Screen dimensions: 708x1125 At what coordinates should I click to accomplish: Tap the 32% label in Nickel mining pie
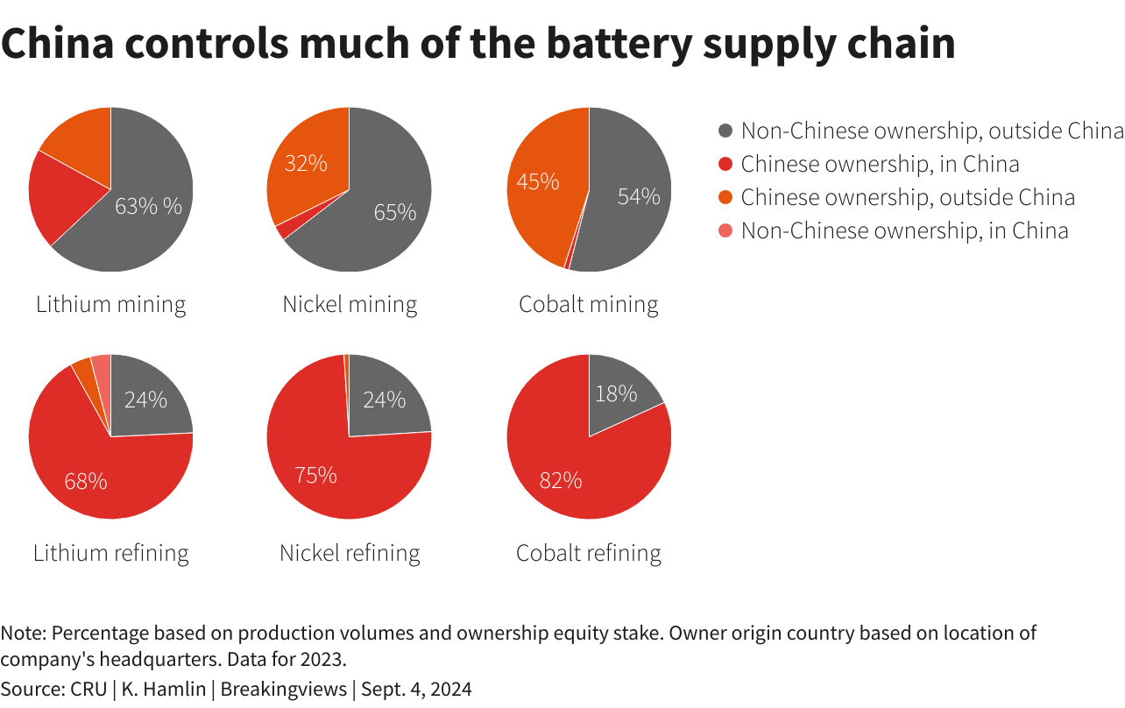(306, 163)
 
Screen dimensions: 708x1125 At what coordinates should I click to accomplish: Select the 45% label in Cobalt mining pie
(538, 181)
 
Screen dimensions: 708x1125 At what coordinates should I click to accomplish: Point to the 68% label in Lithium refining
(86, 481)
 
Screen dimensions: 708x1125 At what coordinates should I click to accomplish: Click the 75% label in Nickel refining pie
(315, 475)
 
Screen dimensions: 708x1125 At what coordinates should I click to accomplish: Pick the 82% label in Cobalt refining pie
(561, 480)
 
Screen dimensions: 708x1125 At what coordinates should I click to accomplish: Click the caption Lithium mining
(110, 305)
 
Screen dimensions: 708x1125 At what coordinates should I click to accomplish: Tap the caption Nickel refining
(350, 554)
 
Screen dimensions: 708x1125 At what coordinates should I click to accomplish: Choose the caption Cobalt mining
(588, 305)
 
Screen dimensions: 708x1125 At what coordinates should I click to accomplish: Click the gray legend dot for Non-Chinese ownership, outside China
(725, 131)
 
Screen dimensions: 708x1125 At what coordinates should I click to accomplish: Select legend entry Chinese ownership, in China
(880, 164)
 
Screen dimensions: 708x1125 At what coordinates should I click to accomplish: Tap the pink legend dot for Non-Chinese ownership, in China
(725, 231)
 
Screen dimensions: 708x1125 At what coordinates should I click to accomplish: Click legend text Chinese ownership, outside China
(908, 197)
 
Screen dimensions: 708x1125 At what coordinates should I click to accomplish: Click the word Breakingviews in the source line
(283, 690)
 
